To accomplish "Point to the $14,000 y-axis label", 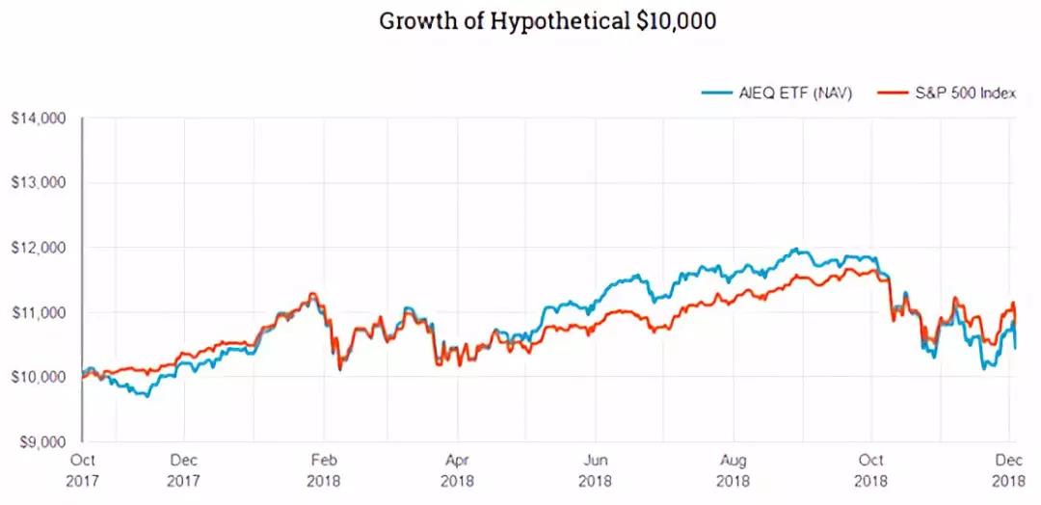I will pyautogui.click(x=39, y=119).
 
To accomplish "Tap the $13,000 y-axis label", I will pyautogui.click(x=39, y=183).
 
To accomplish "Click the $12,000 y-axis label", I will pyautogui.click(x=39, y=248).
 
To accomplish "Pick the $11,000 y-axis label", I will pyautogui.click(x=39, y=312).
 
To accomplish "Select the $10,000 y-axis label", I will pyautogui.click(x=39, y=377).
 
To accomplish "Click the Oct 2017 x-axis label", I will pyautogui.click(x=83, y=468).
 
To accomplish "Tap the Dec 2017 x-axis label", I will pyautogui.click(x=183, y=468).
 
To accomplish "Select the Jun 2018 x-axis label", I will pyautogui.click(x=597, y=468).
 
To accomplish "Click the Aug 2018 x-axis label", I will pyautogui.click(x=734, y=468).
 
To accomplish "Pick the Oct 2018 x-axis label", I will pyautogui.click(x=872, y=468).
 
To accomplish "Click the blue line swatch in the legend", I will pyautogui.click(x=714, y=93).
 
